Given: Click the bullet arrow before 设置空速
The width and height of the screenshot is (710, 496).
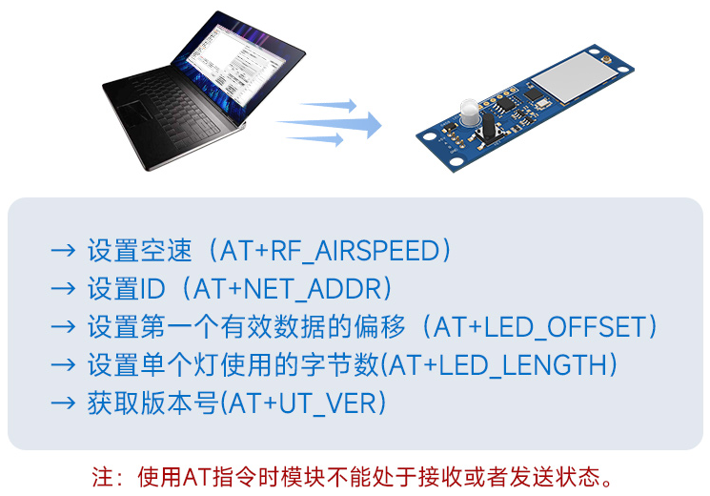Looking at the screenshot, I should tap(63, 252).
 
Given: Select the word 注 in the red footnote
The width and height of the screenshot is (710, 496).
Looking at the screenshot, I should tap(101, 475).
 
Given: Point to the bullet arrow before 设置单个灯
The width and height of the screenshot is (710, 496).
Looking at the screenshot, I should tap(63, 364).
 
